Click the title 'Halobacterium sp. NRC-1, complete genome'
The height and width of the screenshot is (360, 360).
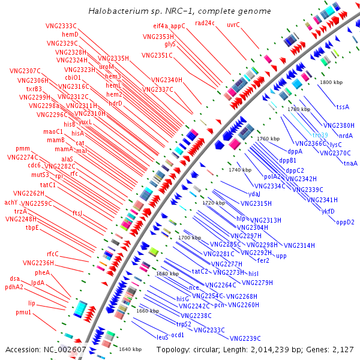179,11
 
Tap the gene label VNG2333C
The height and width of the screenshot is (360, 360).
61,26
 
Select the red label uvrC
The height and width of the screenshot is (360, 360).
233,25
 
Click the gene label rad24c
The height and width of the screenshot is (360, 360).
205,23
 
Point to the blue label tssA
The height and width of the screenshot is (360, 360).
343,107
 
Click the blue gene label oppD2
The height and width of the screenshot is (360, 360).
345,222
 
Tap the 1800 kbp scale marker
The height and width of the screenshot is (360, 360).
332,82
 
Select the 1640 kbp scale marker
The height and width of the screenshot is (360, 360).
130,349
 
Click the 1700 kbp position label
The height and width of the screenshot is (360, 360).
190,238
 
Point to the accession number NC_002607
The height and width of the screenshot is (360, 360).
46,349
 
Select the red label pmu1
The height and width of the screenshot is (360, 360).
23,313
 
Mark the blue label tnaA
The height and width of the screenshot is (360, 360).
350,163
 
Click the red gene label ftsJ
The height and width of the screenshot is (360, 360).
77,213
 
